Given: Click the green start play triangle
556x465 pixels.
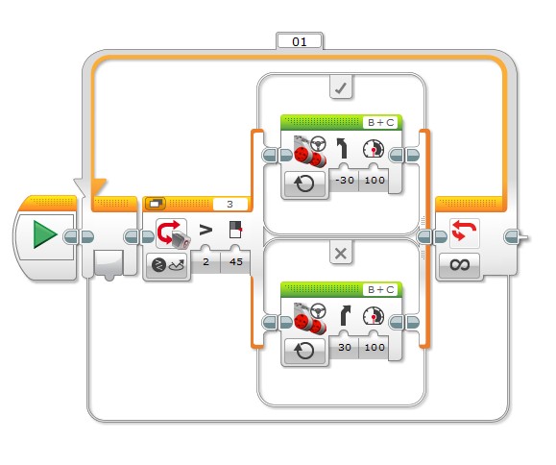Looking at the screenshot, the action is click(45, 234).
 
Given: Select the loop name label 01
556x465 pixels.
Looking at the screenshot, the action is click(300, 42).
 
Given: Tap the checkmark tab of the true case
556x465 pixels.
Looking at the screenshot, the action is click(341, 87).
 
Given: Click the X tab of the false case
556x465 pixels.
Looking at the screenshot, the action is click(341, 254).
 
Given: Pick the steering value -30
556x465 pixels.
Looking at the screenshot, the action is click(345, 181).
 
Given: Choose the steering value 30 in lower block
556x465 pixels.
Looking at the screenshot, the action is click(345, 347).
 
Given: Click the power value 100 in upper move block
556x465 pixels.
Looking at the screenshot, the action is click(375, 181).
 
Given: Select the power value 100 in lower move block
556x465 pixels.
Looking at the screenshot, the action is click(375, 347).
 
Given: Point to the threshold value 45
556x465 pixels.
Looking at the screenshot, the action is click(236, 261).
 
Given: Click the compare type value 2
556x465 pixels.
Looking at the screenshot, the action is click(205, 261).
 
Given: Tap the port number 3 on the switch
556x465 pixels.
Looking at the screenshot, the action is click(230, 205).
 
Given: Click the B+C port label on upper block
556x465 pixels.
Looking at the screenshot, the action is click(381, 123).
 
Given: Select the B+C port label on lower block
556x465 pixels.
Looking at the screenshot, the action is click(381, 290).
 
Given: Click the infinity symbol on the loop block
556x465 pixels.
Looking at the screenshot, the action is click(460, 264).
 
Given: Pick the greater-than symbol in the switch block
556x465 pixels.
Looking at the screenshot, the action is click(205, 230).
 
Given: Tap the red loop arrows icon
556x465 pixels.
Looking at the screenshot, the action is click(464, 231).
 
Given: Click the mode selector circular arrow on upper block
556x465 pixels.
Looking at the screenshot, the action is click(304, 184).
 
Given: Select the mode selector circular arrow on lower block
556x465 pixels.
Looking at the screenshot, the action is click(304, 351).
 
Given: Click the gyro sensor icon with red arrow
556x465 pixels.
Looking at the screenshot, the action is click(173, 233).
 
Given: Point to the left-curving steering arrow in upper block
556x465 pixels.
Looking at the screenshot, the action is click(342, 148).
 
